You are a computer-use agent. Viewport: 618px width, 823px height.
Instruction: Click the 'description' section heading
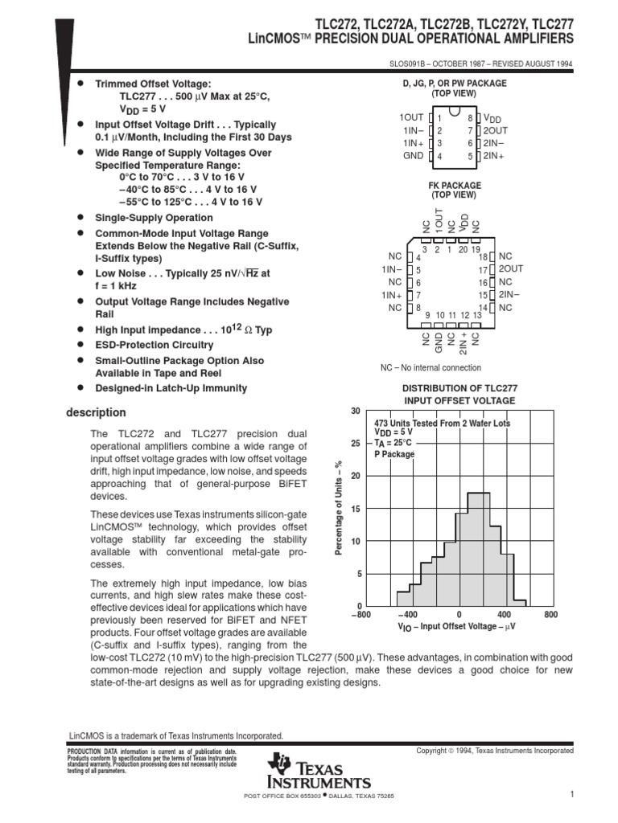pos(95,412)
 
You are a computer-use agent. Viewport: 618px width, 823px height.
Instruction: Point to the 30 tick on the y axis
pos(356,411)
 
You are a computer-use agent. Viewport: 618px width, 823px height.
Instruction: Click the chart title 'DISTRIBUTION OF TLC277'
pos(459,387)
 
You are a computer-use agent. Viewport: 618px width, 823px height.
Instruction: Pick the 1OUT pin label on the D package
pos(412,117)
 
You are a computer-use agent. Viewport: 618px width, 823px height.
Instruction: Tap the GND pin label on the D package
pos(414,156)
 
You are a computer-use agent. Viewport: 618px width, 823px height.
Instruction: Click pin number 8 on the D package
pos(469,118)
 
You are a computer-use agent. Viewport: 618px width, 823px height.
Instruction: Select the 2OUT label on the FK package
pos(510,269)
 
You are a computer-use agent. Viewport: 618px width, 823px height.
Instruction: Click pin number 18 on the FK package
pos(484,256)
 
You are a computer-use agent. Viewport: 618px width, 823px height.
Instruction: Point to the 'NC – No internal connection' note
pos(431,367)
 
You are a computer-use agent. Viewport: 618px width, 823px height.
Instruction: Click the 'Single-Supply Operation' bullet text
pos(154,218)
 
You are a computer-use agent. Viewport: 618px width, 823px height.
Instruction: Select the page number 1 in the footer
pos(571,795)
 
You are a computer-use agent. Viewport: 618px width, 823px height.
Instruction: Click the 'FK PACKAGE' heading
pos(455,185)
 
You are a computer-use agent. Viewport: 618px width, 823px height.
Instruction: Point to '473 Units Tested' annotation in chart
pos(442,423)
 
